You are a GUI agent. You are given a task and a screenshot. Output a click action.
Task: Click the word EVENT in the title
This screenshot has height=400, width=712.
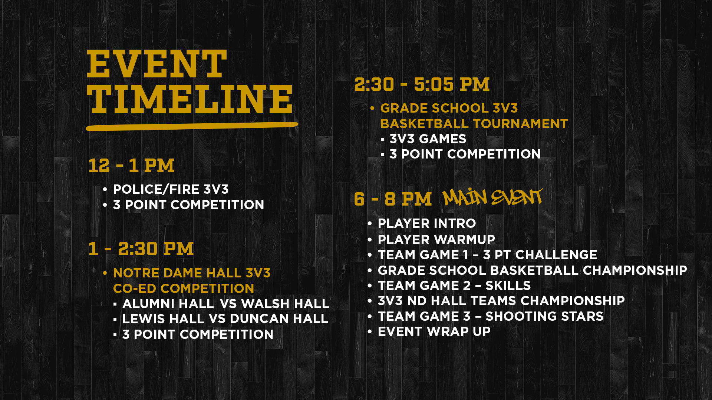pyautogui.click(x=157, y=64)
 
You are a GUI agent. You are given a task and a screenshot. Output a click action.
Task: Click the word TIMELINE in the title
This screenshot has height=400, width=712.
pyautogui.click(x=190, y=99)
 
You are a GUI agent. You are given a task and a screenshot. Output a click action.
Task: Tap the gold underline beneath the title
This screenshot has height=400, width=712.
pyautogui.click(x=192, y=126)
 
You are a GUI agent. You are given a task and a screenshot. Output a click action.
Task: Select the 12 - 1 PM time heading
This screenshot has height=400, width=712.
pyautogui.click(x=131, y=166)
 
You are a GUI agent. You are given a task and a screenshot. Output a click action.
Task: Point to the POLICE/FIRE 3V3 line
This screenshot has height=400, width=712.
pyautogui.click(x=171, y=189)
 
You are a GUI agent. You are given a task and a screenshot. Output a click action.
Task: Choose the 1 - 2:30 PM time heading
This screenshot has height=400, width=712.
pyautogui.click(x=141, y=249)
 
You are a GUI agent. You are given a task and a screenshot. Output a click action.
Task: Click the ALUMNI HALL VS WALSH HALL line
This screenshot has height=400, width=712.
pyautogui.click(x=226, y=304)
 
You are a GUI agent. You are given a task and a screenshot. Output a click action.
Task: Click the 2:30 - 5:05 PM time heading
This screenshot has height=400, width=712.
pyautogui.click(x=422, y=84)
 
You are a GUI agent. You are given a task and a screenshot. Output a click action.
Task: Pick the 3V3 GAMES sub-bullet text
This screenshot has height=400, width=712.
pyautogui.click(x=428, y=139)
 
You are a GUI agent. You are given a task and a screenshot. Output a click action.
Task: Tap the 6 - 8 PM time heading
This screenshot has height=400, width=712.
pyautogui.click(x=393, y=199)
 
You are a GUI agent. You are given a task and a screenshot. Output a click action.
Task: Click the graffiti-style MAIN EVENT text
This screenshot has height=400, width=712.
pyautogui.click(x=492, y=197)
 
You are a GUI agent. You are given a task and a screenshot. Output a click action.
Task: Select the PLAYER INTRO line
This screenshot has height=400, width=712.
pyautogui.click(x=427, y=224)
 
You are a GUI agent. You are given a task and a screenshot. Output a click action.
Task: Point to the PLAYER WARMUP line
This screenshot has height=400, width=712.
pyautogui.click(x=436, y=240)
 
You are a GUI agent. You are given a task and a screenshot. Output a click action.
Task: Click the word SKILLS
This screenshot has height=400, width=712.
pyautogui.click(x=508, y=286)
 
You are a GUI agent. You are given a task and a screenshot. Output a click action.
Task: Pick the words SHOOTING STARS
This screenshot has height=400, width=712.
pyautogui.click(x=544, y=317)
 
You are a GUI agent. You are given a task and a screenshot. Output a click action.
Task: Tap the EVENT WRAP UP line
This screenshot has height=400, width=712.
pyautogui.click(x=434, y=332)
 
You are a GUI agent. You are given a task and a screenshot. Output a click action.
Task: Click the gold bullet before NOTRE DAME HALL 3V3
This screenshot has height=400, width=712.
pyautogui.click(x=105, y=273)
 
